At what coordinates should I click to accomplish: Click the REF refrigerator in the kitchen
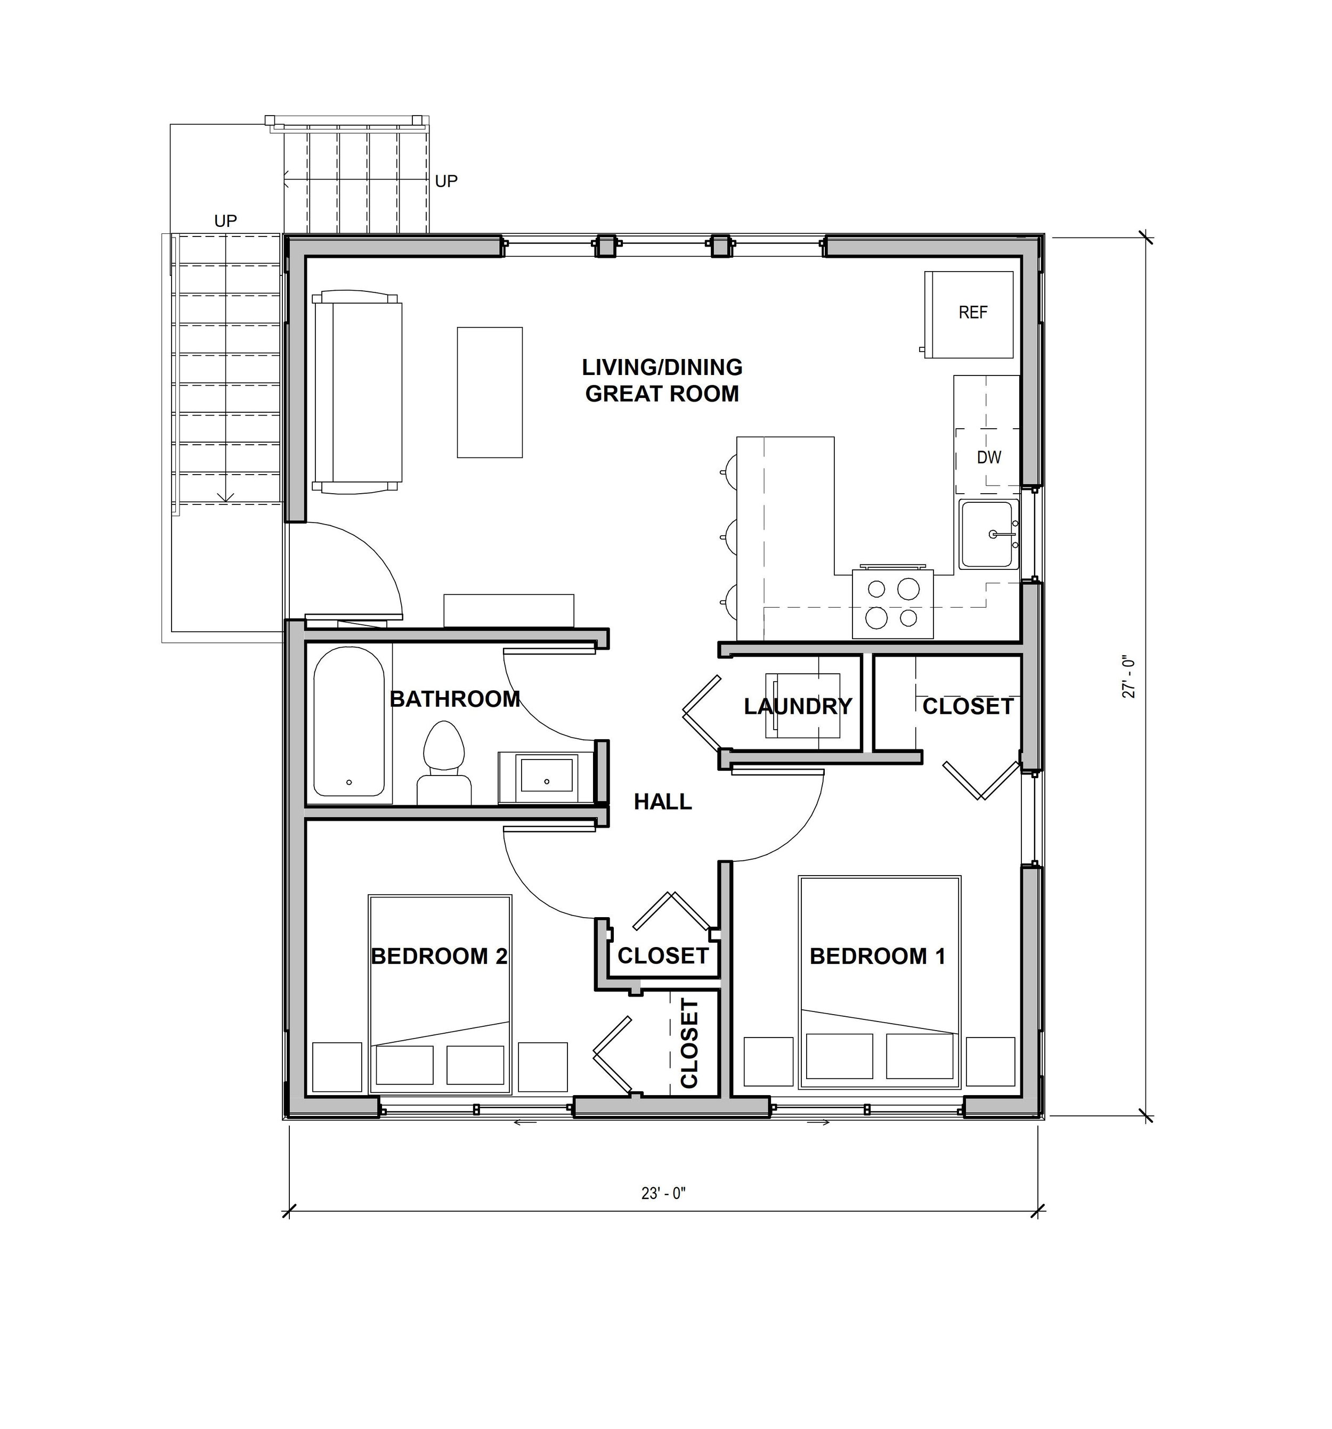click(x=969, y=314)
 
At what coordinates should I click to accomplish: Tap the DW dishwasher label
click(x=989, y=457)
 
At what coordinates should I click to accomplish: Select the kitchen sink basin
click(x=988, y=535)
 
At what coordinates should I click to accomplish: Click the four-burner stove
click(x=892, y=603)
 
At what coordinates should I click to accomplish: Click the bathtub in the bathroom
click(x=349, y=722)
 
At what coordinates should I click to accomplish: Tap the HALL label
click(x=662, y=802)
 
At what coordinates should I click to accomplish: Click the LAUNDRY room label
click(x=798, y=707)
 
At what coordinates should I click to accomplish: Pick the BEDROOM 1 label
click(x=878, y=956)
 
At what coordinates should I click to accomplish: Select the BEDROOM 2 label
click(x=438, y=956)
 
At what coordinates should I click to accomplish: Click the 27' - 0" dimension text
click(x=1128, y=678)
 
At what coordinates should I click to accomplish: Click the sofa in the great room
click(x=358, y=392)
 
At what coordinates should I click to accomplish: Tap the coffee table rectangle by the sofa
click(x=490, y=393)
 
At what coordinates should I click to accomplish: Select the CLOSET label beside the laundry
click(x=968, y=707)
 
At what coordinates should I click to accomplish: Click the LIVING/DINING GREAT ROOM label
click(x=662, y=380)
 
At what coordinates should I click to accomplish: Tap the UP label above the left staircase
click(x=226, y=221)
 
